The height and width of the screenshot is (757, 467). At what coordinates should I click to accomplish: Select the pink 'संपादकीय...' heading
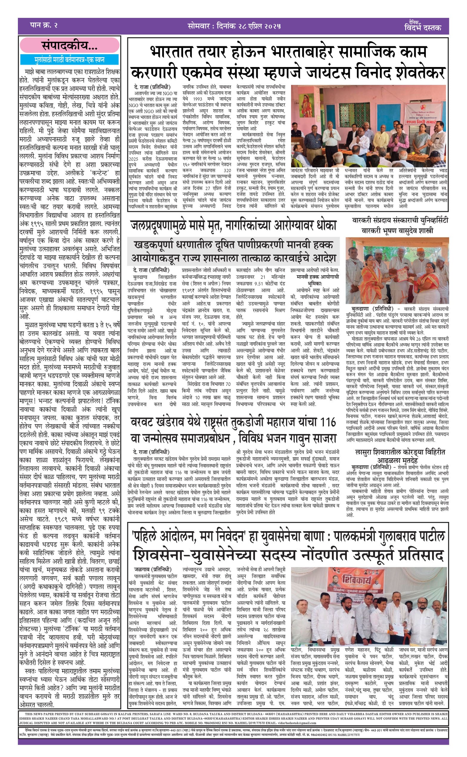[69, 46]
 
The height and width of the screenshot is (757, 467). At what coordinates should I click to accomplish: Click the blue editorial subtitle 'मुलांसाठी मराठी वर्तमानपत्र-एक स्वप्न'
[69, 60]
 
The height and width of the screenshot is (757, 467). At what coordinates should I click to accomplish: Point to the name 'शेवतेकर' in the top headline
[413, 72]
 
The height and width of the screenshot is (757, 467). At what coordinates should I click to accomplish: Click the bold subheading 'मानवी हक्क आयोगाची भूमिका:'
[318, 280]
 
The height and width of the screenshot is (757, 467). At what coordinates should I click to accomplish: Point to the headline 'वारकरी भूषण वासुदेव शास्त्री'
[397, 230]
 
